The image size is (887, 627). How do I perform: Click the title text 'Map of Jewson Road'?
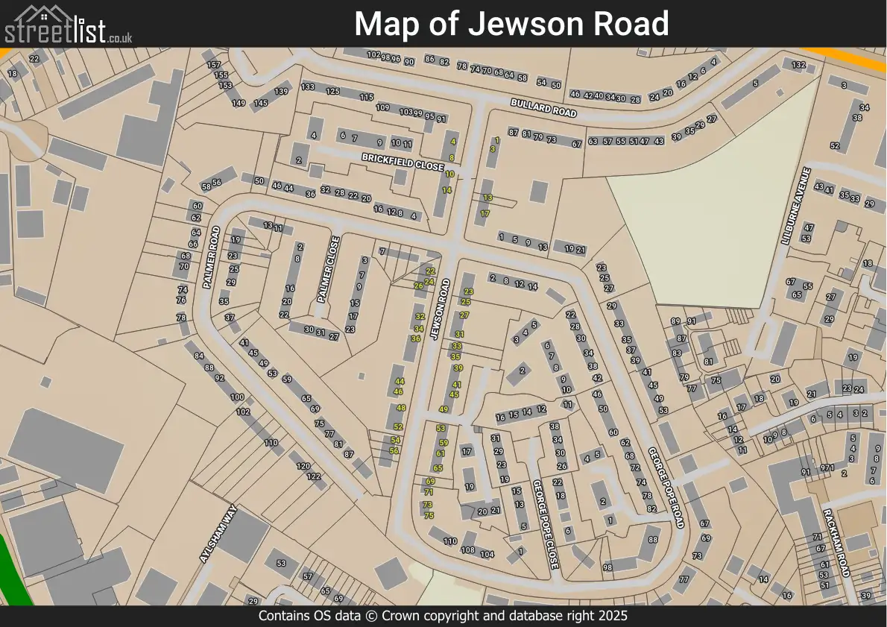(x=511, y=24)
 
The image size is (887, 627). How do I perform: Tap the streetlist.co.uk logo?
(x=69, y=24)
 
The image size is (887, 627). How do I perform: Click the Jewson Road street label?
(x=441, y=309)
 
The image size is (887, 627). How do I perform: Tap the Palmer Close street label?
(x=328, y=269)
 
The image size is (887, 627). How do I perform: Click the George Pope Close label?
(x=545, y=525)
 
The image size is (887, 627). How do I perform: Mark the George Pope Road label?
(x=666, y=488)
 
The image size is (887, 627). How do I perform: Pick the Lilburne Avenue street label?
(x=795, y=206)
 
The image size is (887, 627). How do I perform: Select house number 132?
(x=798, y=65)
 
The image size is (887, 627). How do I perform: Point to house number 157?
(x=214, y=65)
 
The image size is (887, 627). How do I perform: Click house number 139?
(x=281, y=92)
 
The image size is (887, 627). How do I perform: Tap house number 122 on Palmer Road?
(x=314, y=476)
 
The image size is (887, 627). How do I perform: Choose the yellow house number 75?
(x=429, y=515)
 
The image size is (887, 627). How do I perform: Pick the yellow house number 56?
(x=394, y=450)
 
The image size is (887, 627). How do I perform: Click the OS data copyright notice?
(x=443, y=616)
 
